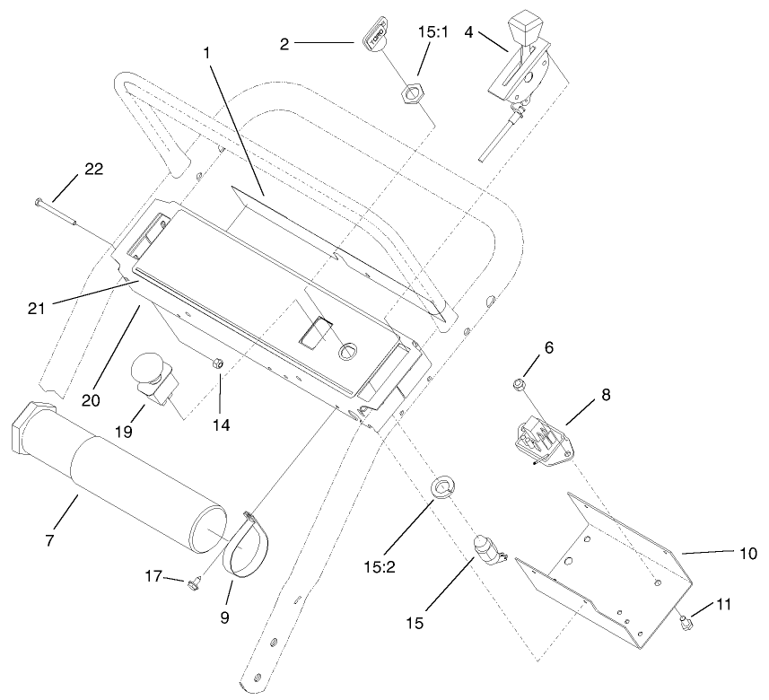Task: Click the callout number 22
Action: coord(94,169)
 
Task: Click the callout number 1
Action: coord(206,53)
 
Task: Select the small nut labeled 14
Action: coord(218,363)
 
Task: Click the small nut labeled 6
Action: coord(519,385)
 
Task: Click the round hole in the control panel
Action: coord(346,350)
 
